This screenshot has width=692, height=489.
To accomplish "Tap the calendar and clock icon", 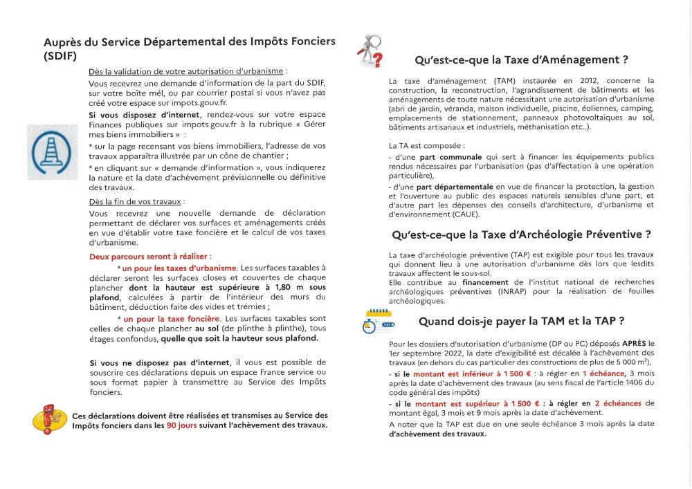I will point(378,322).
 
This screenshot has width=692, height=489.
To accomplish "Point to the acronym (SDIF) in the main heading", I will point(60,55).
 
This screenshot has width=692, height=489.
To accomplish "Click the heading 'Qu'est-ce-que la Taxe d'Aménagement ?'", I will point(521,59).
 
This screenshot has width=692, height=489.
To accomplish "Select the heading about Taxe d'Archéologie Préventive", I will point(521,234).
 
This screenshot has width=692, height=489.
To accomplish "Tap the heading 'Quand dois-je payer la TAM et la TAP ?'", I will point(522,321).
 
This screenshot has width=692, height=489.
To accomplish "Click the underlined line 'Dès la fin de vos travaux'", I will point(136,202).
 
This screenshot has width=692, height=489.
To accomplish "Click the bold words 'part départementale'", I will point(458,187).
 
